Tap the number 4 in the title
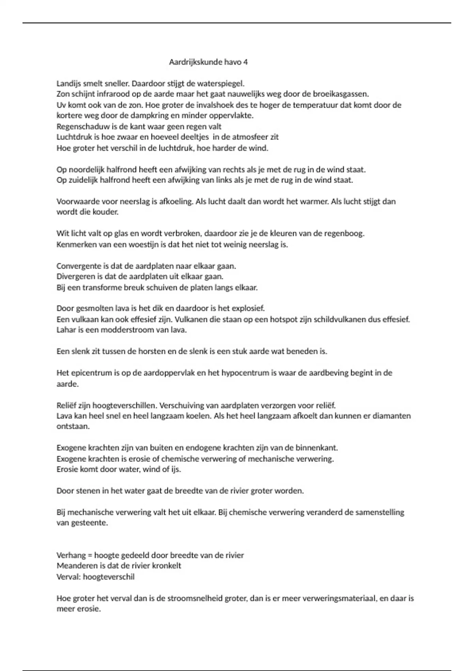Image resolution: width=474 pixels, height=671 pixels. click(246, 62)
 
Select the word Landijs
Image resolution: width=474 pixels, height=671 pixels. click(69, 84)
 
